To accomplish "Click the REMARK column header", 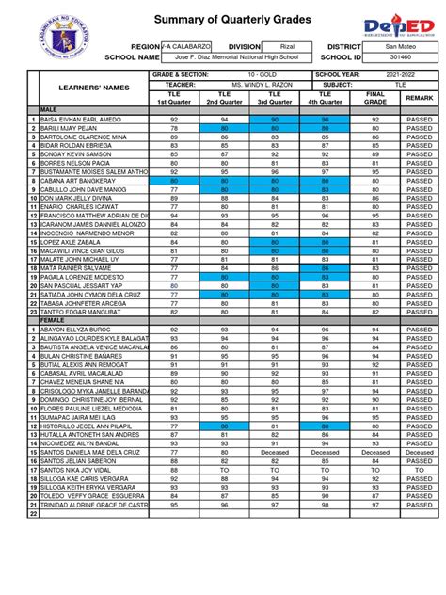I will [420, 98].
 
